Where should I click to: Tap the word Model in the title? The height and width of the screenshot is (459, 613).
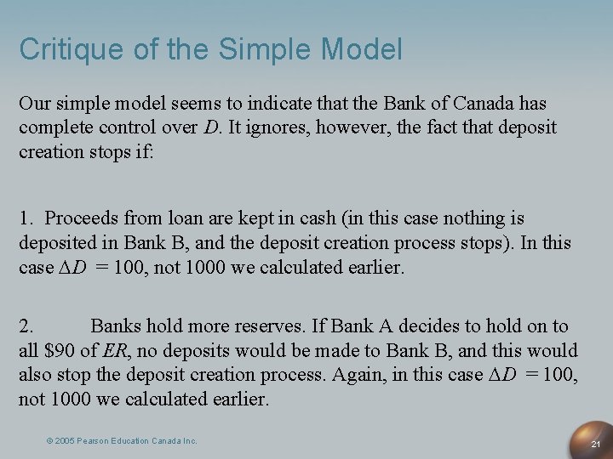pos(362,49)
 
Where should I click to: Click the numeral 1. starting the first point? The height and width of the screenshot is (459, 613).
pos(27,218)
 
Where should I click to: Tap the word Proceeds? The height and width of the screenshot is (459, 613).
pos(82,218)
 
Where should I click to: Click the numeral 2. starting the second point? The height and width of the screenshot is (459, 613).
pos(27,326)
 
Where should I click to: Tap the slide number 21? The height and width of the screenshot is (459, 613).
pos(596,445)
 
